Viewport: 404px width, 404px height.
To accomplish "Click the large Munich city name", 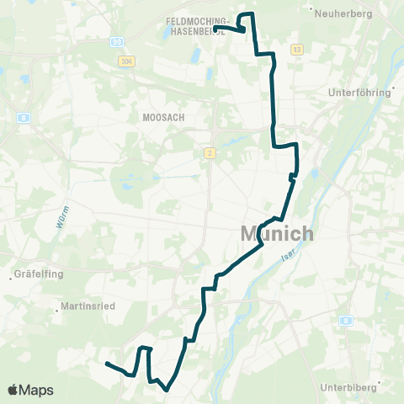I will coord(277,234).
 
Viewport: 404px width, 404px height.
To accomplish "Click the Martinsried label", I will coord(89,306).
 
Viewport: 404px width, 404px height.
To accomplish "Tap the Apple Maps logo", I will coord(30,391).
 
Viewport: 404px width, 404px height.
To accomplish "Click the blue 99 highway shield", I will coord(117,40).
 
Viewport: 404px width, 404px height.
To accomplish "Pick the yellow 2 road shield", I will coord(208,152).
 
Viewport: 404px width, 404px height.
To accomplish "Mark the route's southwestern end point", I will coord(107,364).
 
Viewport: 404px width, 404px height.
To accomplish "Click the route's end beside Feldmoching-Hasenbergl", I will coord(216,29).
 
